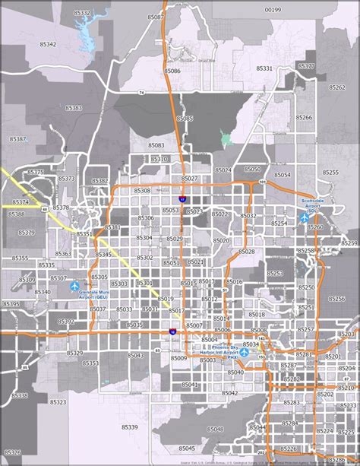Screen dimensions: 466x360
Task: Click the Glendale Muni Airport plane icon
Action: coord(74,287)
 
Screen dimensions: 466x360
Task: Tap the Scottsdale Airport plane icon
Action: coord(305,217)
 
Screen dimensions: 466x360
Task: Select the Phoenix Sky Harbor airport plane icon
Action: coord(245,353)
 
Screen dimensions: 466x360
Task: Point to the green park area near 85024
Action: coord(226,138)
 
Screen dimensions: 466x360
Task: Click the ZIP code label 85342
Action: coord(47,45)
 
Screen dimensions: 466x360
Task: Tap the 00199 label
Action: coord(273,10)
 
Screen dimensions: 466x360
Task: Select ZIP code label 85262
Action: coord(336,87)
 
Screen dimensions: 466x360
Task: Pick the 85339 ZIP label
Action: coord(130,427)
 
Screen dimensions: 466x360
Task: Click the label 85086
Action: coord(172,71)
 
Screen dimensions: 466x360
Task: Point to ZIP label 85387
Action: coord(18,139)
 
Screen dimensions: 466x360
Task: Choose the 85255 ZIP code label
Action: coord(330,173)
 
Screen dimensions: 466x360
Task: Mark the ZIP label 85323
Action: coord(58,402)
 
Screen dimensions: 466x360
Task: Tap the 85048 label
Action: coord(215,430)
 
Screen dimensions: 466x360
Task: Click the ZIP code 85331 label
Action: coord(264,68)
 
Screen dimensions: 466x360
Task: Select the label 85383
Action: coord(74,108)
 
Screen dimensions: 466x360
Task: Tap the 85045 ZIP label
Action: coord(188,449)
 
